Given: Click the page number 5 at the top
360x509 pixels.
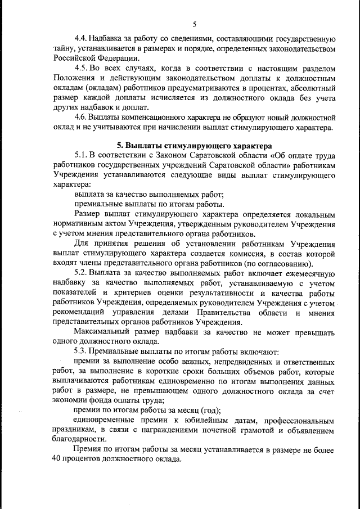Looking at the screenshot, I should tap(194, 24).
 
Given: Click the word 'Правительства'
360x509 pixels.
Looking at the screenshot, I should tap(224, 313).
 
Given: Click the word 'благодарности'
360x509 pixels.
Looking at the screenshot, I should tap(80, 440).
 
